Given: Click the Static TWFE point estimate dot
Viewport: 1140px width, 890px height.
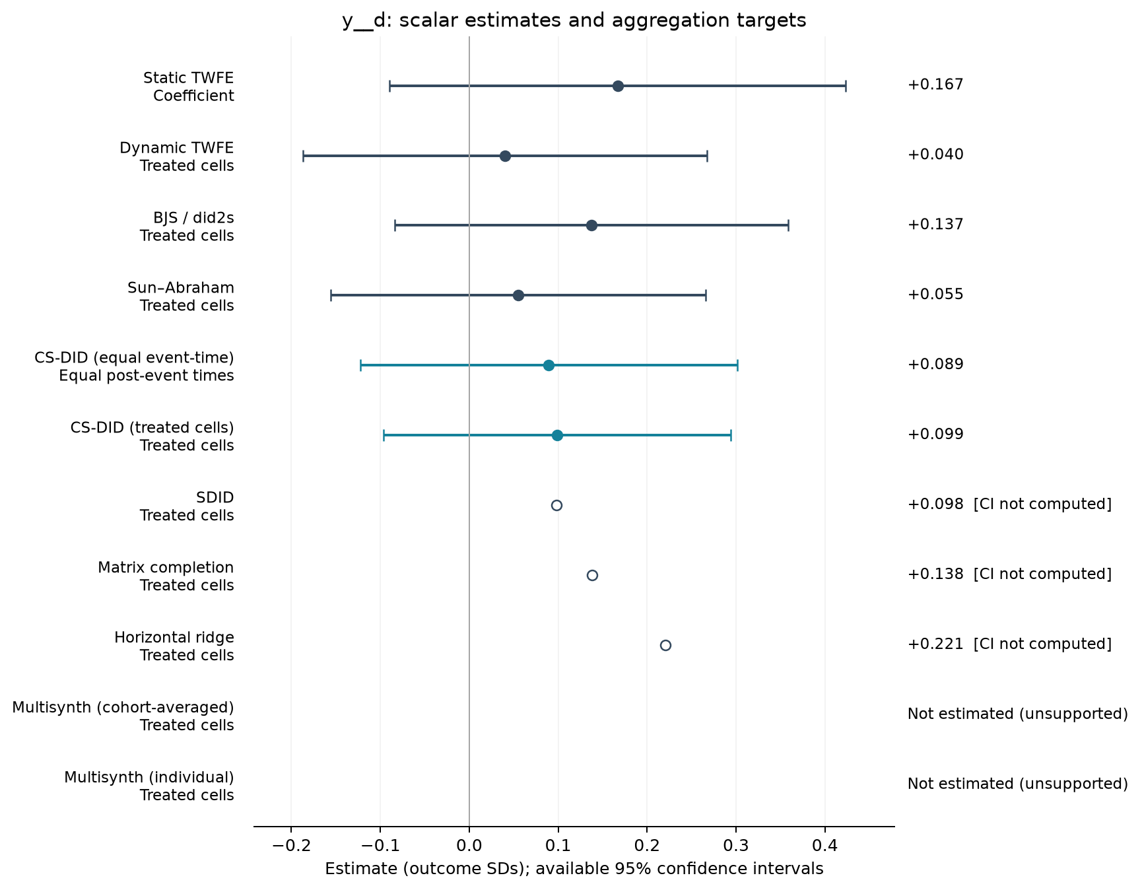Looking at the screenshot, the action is click(618, 86).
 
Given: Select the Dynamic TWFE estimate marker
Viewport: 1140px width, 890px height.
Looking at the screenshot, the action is click(505, 156).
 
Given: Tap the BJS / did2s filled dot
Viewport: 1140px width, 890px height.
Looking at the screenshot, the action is click(591, 225).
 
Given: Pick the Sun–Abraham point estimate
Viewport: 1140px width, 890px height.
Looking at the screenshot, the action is click(518, 295).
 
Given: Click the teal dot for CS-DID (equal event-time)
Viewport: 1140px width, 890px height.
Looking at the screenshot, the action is click(549, 365).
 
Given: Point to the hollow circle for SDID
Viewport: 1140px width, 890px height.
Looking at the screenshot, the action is click(556, 505).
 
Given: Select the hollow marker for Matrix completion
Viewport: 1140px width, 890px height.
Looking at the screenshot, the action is click(592, 575).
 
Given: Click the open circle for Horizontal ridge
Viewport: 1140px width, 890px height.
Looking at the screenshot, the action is click(665, 645).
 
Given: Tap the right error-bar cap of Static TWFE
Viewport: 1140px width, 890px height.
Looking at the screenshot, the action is click(846, 86).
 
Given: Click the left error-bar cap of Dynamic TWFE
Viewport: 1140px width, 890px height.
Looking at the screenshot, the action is click(303, 156).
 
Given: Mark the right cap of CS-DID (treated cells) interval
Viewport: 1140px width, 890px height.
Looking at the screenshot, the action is click(731, 435).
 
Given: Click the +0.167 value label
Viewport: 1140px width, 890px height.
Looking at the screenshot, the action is click(935, 85).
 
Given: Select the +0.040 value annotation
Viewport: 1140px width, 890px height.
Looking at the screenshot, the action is click(935, 154).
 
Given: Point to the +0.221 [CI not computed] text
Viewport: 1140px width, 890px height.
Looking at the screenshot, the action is click(1010, 644).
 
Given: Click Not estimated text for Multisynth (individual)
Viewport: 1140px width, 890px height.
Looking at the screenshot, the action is click(1018, 784).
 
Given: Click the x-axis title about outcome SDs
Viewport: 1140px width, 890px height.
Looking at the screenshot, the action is click(574, 869).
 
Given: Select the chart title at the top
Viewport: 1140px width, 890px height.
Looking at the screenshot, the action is click(574, 20).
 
